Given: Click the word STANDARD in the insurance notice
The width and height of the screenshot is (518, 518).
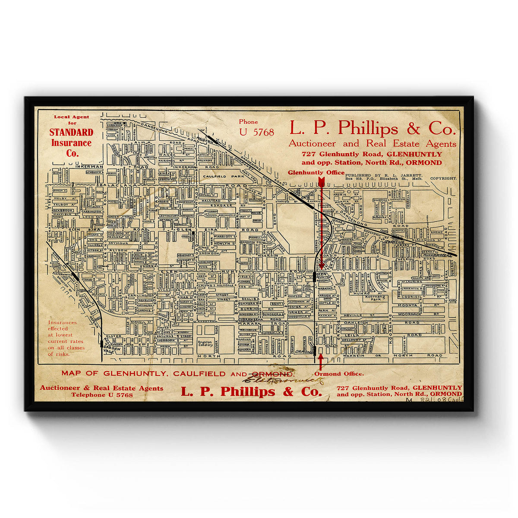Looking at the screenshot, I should (71, 133).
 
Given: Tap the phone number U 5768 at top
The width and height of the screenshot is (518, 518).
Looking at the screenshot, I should (256, 133).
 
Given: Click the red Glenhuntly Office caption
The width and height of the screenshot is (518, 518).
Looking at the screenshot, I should (316, 173).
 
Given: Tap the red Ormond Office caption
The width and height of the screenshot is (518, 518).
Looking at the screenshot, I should (339, 374).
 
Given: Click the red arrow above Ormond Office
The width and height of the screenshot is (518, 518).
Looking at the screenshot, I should (320, 362).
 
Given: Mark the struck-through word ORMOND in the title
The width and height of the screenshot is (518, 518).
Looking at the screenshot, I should (272, 373).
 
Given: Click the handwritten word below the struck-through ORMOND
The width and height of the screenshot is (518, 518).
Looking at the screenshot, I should (285, 380).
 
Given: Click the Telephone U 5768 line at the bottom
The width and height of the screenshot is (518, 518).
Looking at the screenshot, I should (102, 395).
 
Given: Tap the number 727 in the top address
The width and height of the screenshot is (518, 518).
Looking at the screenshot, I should (309, 154).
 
